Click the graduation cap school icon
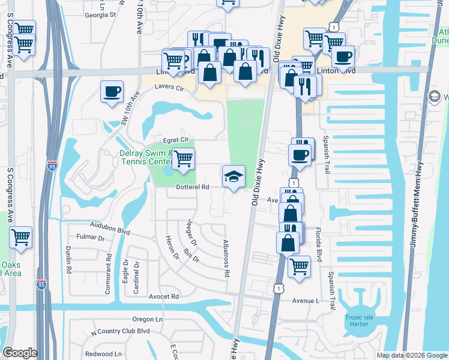(x=234, y=176)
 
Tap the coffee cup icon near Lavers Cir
(x=112, y=92)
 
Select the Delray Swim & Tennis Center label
(x=146, y=158)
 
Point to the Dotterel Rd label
(x=192, y=187)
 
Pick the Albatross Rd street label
(x=226, y=264)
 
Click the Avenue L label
(x=306, y=300)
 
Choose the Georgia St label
(x=100, y=14)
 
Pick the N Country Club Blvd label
(x=120, y=331)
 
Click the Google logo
(x=20, y=353)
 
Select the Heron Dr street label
(x=172, y=247)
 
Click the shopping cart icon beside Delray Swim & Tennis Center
(x=183, y=159)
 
